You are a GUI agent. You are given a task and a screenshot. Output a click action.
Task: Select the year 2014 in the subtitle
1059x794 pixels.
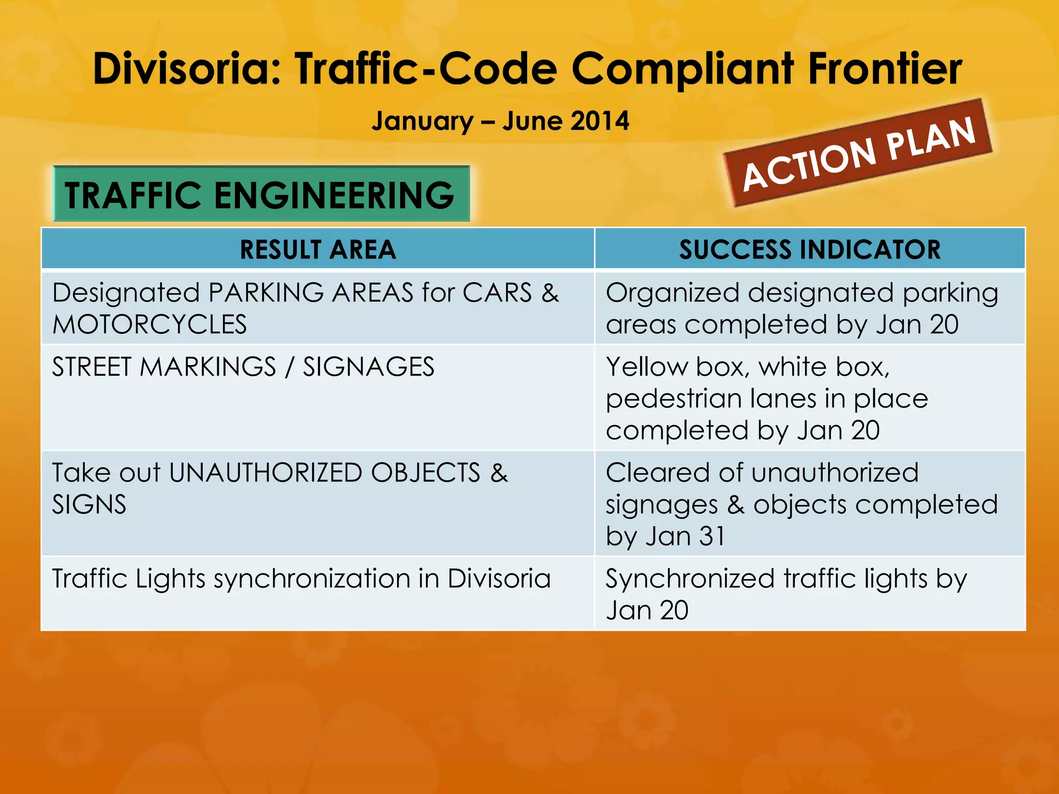click(600, 121)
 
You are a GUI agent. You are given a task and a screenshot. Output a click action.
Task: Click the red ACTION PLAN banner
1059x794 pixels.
click(858, 153)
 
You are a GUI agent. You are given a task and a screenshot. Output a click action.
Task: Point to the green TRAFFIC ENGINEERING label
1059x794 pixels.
click(261, 195)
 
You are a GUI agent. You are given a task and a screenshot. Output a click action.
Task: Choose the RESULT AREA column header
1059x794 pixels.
click(317, 250)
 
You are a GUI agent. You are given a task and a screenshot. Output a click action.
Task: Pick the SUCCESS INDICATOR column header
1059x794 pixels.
click(809, 250)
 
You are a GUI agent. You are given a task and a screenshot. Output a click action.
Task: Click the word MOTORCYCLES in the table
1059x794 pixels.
click(149, 325)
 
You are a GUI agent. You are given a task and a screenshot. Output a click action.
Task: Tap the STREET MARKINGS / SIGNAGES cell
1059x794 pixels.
click(243, 367)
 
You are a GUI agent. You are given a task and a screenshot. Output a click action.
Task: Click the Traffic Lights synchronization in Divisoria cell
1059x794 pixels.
click(301, 578)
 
